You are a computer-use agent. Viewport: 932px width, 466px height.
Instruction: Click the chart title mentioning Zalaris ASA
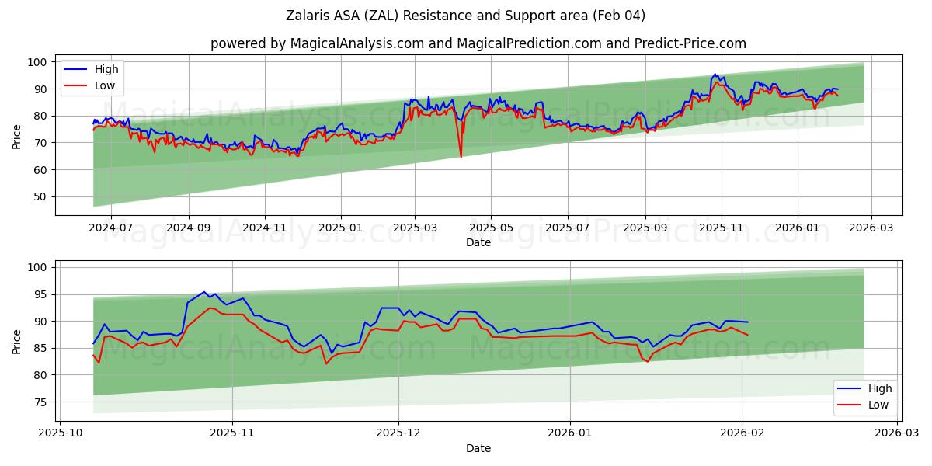pyautogui.click(x=465, y=16)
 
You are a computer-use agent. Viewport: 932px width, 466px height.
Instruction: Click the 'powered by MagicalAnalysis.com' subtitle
pyautogui.click(x=478, y=43)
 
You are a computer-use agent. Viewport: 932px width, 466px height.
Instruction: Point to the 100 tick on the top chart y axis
pyautogui.click(x=37, y=62)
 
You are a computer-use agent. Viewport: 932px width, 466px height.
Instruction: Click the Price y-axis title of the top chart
pyautogui.click(x=16, y=135)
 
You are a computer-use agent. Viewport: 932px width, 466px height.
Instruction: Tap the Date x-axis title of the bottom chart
pyautogui.click(x=478, y=448)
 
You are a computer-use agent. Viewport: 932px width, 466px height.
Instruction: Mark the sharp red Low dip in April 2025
pyautogui.click(x=461, y=157)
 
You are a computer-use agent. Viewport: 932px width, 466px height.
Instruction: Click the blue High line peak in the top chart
pyautogui.click(x=715, y=75)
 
